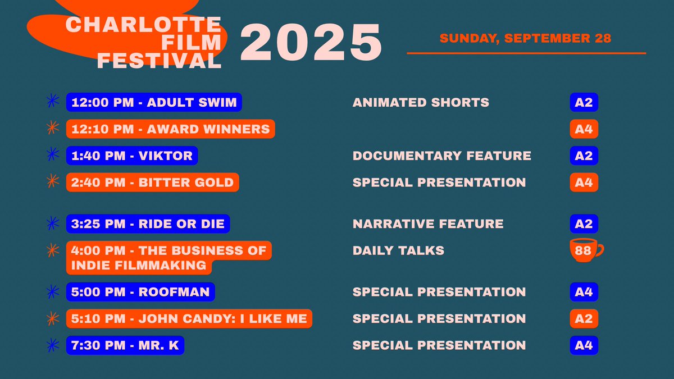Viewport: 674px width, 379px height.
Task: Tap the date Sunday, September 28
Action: [525, 39]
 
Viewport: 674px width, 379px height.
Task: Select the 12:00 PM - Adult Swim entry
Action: [154, 102]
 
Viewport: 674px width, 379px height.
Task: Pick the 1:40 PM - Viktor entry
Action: [132, 156]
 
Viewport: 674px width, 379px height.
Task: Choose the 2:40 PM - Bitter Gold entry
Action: [153, 182]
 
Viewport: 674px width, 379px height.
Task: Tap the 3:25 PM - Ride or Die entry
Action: [148, 223]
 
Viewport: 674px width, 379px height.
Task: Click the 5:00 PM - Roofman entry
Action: [140, 292]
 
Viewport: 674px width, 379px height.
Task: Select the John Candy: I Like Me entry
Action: [189, 319]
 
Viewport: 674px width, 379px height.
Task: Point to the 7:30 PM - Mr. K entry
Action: [125, 345]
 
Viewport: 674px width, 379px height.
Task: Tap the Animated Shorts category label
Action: [421, 102]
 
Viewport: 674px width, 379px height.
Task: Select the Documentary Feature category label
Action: [441, 156]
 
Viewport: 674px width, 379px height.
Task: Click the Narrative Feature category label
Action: [428, 223]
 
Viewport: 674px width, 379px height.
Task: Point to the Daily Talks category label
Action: [398, 250]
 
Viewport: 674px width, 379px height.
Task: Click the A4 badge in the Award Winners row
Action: [584, 129]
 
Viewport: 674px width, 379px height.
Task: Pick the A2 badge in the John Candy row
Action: [584, 319]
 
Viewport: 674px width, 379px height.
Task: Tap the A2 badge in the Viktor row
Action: [584, 156]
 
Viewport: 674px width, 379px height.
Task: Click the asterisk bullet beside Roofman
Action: [52, 292]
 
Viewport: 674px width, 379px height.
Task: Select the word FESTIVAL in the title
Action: [159, 61]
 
